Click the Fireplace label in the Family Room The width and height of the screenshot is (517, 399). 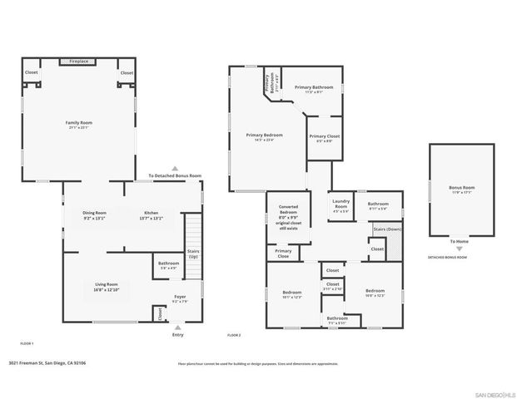click(x=79, y=62)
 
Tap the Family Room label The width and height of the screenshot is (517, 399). click(x=79, y=123)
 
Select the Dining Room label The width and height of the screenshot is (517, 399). click(x=94, y=213)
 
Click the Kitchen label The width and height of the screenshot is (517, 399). click(x=151, y=213)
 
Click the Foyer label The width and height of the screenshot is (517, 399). click(x=179, y=296)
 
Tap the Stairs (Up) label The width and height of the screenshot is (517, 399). click(x=192, y=252)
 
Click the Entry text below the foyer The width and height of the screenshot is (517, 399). click(x=177, y=335)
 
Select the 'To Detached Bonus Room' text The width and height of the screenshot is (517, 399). click(x=175, y=176)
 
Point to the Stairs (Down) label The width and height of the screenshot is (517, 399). click(x=388, y=229)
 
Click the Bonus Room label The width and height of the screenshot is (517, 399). click(x=461, y=189)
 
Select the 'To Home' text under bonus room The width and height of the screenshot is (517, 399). click(x=460, y=241)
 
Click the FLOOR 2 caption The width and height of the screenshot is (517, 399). click(x=234, y=335)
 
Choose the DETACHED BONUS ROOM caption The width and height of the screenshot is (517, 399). click(x=447, y=258)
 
